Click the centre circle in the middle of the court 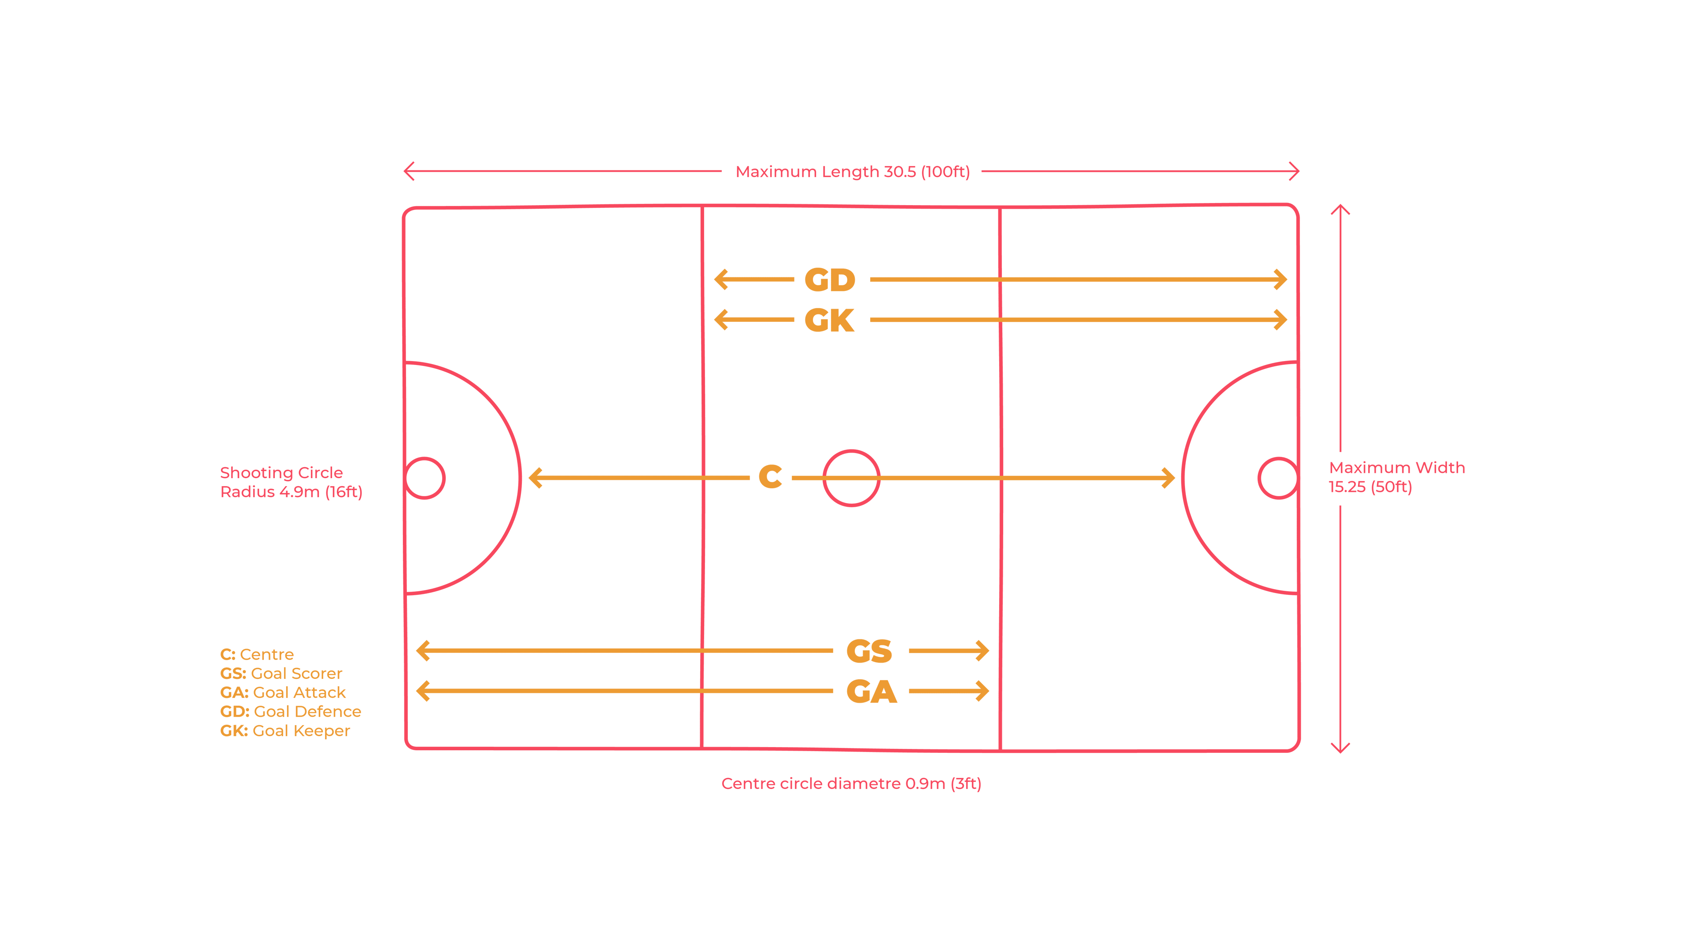pos(851,478)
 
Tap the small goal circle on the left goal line pos(425,478)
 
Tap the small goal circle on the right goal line pos(1278,478)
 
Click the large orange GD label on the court pos(830,280)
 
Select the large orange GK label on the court pos(830,320)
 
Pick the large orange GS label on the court pos(869,651)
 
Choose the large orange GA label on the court pos(871,692)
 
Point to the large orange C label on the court pos(770,476)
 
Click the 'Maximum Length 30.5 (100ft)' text pos(853,172)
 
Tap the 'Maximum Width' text pos(1397,468)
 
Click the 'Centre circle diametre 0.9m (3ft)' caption pos(851,784)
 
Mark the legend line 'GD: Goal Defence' pos(290,711)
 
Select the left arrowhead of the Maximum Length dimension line pos(405,171)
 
